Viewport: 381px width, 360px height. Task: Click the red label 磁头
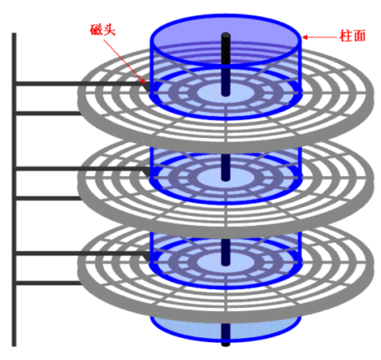pyautogui.click(x=103, y=30)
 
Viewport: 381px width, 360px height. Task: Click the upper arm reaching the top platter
pyautogui.click(x=76, y=84)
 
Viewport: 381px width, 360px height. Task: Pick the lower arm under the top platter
pyautogui.click(x=47, y=113)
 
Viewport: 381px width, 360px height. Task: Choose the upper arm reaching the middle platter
pyautogui.click(x=76, y=169)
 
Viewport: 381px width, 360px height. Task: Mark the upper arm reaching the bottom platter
pyautogui.click(x=76, y=253)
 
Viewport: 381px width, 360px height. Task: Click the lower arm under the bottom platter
pyautogui.click(x=47, y=283)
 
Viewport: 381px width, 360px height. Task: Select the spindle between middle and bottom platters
pyautogui.click(x=225, y=243)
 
